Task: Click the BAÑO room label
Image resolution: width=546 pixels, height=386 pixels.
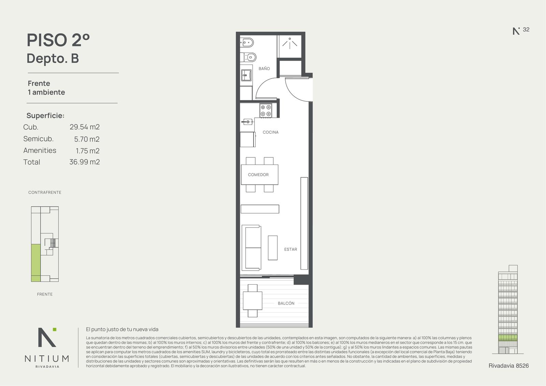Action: (264, 69)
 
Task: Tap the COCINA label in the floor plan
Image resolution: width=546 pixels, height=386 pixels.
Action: (271, 132)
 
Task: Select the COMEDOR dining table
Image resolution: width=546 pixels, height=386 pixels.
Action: (260, 175)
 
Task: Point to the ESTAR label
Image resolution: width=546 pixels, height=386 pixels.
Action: (290, 249)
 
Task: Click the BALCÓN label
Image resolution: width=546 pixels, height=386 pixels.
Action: (286, 303)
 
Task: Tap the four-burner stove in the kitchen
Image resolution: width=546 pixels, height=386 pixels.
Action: (266, 111)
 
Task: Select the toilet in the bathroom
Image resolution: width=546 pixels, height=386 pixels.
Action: (248, 58)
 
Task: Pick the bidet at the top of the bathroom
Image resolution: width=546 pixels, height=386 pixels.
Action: (247, 43)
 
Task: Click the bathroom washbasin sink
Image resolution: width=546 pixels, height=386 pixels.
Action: (246, 75)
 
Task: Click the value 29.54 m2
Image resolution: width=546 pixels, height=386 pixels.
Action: (85, 127)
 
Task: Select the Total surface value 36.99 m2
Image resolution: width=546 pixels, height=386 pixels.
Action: (85, 162)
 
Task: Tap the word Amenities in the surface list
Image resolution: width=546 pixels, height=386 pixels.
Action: (40, 151)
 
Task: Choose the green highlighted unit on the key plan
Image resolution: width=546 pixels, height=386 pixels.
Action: (36, 263)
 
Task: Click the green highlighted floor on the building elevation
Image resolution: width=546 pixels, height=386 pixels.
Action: (508, 338)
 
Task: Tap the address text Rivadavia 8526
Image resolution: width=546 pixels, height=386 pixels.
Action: (509, 366)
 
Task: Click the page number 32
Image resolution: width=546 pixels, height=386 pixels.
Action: (526, 29)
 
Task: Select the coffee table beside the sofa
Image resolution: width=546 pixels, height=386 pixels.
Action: (273, 248)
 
